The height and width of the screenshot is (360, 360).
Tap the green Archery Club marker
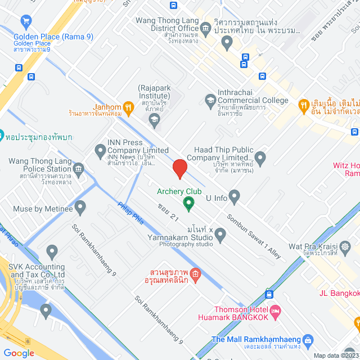click(189, 202)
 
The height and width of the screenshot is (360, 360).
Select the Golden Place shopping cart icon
click(25, 22)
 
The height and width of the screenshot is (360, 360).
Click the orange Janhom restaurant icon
click(129, 106)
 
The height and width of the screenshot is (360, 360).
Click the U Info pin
click(235, 197)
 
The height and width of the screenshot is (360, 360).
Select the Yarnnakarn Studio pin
click(220, 233)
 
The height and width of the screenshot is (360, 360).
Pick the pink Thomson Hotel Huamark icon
click(275, 311)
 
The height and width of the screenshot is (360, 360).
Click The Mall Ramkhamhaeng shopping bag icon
click(308, 340)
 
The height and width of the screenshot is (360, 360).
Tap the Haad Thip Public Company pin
click(260, 157)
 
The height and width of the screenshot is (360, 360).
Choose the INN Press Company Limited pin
click(101, 150)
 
